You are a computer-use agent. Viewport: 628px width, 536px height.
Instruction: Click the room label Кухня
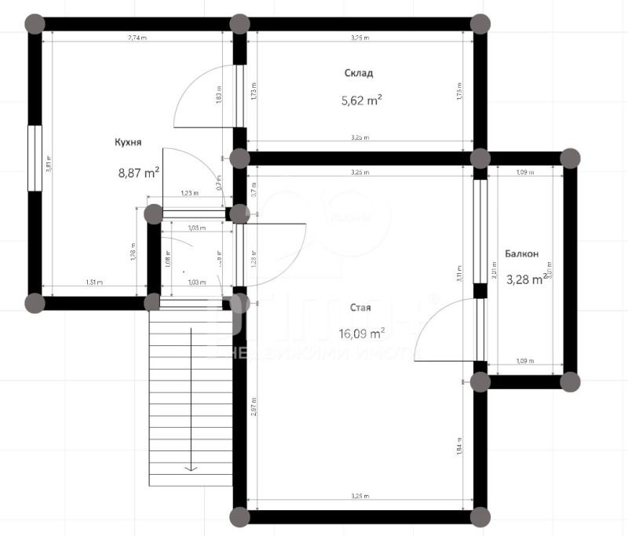pyautogui.click(x=127, y=142)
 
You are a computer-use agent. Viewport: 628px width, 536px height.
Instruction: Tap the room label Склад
pyautogui.click(x=358, y=73)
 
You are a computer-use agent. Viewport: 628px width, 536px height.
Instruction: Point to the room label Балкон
pyautogui.click(x=521, y=253)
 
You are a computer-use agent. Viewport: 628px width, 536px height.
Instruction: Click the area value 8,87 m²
pyautogui.click(x=137, y=171)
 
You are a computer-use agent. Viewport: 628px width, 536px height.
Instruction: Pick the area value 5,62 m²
pyautogui.click(x=361, y=100)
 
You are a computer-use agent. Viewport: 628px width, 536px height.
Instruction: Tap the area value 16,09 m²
pyautogui.click(x=361, y=333)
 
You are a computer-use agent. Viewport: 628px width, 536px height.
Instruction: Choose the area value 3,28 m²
pyautogui.click(x=525, y=279)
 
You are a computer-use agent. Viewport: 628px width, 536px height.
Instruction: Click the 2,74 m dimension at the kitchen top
pyautogui.click(x=137, y=38)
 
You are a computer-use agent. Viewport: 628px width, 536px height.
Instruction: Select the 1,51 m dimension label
pyautogui.click(x=93, y=283)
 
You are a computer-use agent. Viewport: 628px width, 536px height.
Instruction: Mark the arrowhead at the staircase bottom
pyautogui.click(x=191, y=469)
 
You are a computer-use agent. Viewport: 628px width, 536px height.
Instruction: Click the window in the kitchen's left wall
pyautogui.click(x=34, y=157)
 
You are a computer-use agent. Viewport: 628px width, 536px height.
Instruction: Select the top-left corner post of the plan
pyautogui.click(x=34, y=23)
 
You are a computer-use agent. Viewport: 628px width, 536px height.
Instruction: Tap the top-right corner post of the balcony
pyautogui.click(x=571, y=158)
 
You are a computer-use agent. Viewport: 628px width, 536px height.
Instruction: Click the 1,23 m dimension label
pyautogui.click(x=189, y=193)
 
